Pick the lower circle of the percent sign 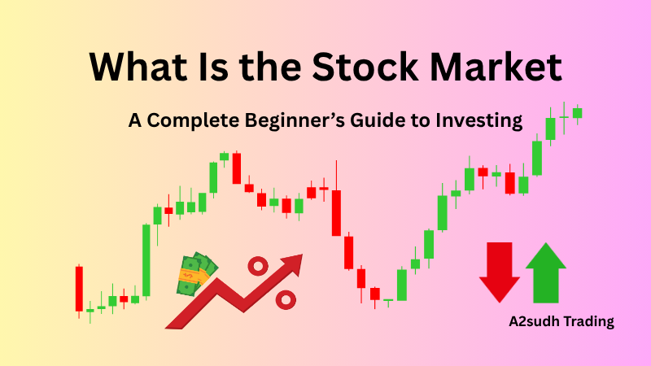tap(286, 299)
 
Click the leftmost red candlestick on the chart tap(79, 289)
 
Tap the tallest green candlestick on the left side tap(146, 260)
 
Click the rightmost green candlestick tap(578, 113)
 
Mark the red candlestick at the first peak tap(237, 168)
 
